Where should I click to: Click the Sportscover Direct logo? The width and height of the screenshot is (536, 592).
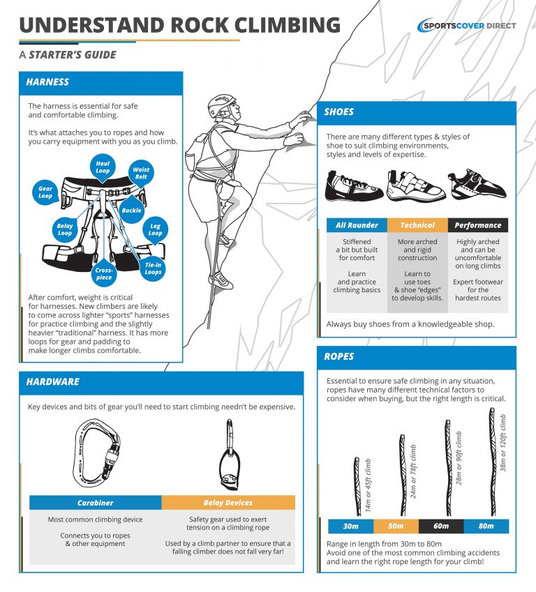(466, 26)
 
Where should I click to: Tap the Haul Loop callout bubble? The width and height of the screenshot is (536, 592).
(103, 167)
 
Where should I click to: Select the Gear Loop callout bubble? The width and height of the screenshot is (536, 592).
(45, 192)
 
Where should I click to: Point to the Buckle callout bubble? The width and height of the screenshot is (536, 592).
(131, 210)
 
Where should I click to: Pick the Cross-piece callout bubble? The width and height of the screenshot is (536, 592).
(103, 273)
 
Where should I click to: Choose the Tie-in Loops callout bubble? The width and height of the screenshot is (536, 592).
(153, 268)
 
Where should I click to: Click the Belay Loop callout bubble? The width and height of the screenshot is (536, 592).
(65, 229)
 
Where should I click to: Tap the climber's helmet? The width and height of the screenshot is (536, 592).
(222, 105)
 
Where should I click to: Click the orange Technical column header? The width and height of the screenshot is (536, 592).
(417, 225)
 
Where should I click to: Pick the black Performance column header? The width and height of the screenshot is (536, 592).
(477, 225)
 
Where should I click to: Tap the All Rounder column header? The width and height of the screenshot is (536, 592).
(357, 225)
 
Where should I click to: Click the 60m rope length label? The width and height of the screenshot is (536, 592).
(440, 526)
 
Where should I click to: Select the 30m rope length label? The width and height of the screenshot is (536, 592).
(350, 526)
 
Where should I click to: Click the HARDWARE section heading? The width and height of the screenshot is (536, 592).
(53, 382)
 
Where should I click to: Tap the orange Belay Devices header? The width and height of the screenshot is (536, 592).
(228, 502)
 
